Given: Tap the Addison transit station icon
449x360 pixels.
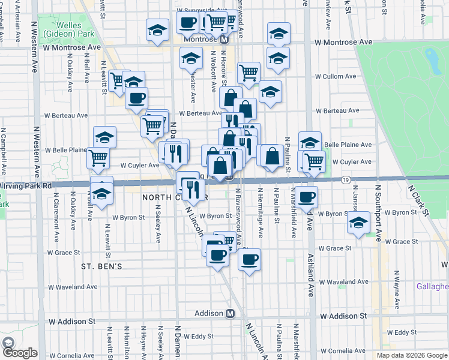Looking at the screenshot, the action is click(x=230, y=313).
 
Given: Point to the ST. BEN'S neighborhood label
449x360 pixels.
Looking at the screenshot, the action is click(x=102, y=265).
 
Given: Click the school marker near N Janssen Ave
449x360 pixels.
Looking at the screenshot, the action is click(x=358, y=223).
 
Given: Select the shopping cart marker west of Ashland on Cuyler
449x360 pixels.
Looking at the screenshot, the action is click(x=313, y=160).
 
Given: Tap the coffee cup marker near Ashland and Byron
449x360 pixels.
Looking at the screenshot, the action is click(x=307, y=196).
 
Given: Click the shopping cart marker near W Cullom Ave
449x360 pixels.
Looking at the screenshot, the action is click(x=248, y=73).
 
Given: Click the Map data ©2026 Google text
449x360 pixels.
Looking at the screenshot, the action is click(x=411, y=355).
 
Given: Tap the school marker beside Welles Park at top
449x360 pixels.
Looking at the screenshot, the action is click(x=157, y=30).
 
